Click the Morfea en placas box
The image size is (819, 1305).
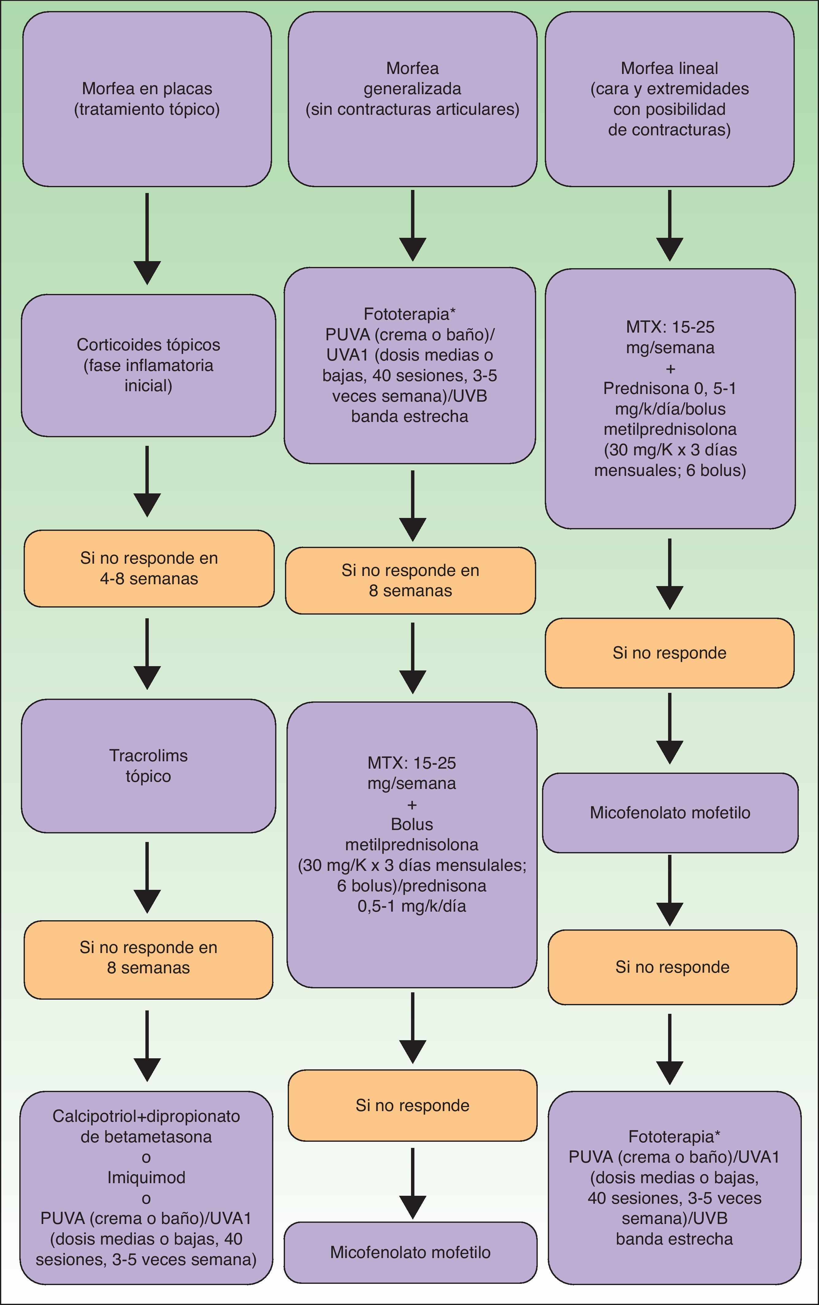click(147, 99)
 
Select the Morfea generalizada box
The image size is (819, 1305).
click(412, 99)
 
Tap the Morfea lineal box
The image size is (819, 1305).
click(670, 99)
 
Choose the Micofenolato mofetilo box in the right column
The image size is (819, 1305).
click(670, 813)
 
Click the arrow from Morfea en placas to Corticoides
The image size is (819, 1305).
click(147, 238)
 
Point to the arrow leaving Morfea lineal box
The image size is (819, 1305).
click(670, 225)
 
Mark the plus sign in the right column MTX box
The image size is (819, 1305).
click(670, 369)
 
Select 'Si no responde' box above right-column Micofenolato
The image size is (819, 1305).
click(670, 653)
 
